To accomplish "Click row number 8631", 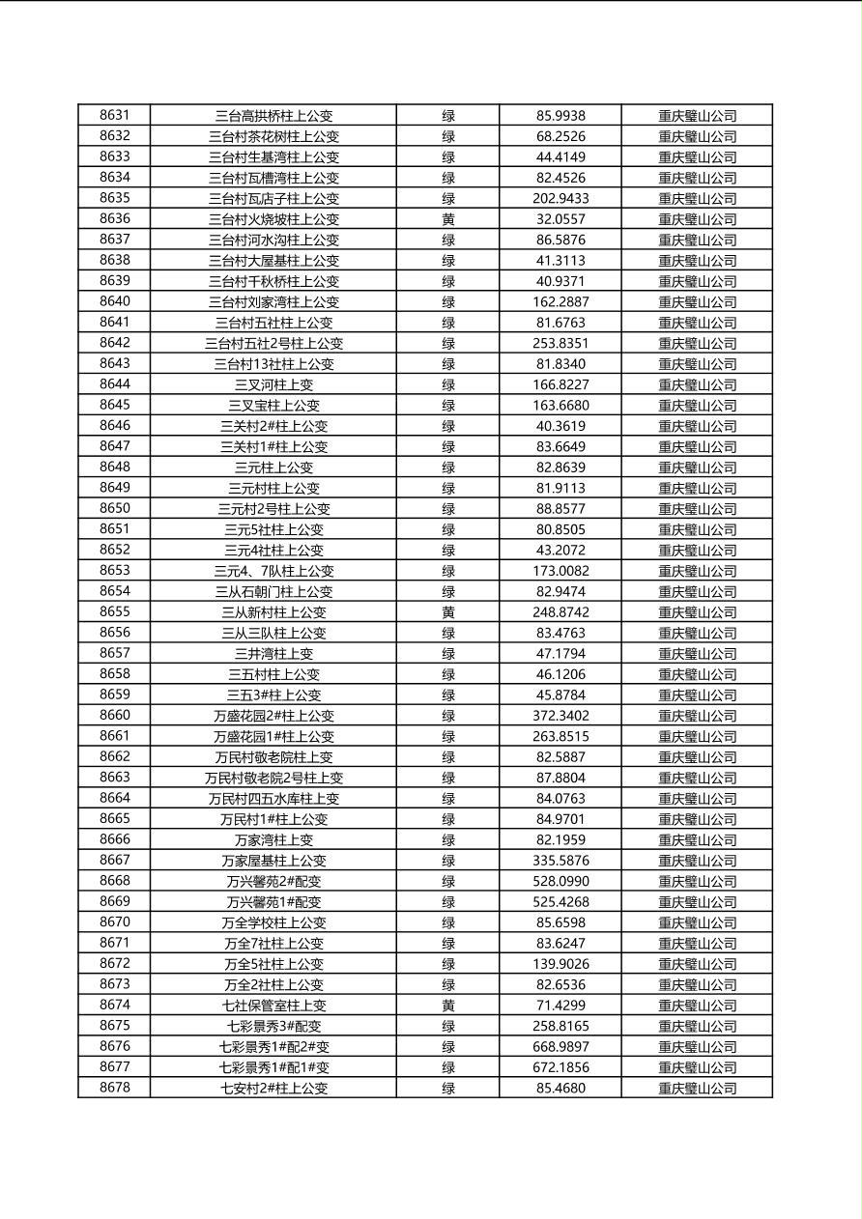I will pos(114,116).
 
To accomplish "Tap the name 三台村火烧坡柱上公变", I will pos(273,219).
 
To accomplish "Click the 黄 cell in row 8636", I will pos(448,219).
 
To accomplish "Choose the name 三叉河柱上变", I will pos(273,384).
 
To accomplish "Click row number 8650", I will pos(114,509).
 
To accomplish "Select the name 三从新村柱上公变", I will pos(273,612).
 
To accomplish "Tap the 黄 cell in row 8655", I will pos(448,612).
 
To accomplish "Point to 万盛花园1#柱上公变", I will pos(273,736).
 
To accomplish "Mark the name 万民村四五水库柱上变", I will pos(273,799).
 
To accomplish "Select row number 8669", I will pos(114,902).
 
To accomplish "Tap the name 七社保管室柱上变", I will pos(273,1006).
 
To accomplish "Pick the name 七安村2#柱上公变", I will pos(273,1089).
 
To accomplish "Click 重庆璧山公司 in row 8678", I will pos(697,1089).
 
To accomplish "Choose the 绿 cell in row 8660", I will pos(448,716).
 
